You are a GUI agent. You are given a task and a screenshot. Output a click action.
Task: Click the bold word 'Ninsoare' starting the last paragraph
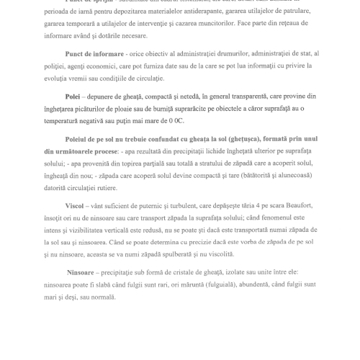(66, 274)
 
